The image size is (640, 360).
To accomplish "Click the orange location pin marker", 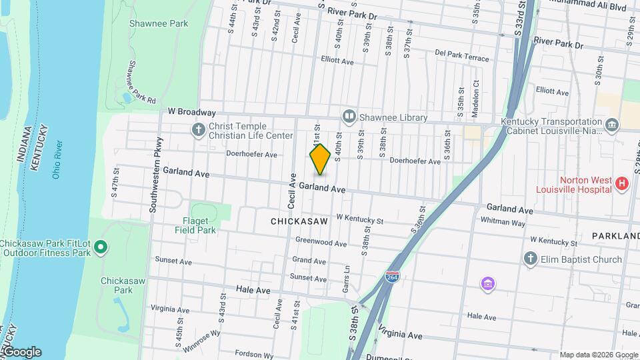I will [320, 159].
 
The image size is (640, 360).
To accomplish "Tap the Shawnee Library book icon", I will [349, 117].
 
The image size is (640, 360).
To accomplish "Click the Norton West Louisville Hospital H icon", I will [622, 183].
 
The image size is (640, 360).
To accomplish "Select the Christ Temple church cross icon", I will [198, 129].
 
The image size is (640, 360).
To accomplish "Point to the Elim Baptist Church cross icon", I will [531, 259].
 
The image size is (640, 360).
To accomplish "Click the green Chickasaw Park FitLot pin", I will [101, 248].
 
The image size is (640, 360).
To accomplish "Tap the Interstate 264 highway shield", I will [393, 277].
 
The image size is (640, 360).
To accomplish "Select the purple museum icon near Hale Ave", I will [489, 285].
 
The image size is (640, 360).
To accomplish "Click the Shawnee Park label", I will [159, 24].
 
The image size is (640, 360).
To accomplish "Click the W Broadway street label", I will [192, 113].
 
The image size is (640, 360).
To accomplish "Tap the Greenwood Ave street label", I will [321, 243].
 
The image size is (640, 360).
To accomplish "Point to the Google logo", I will [22, 352].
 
